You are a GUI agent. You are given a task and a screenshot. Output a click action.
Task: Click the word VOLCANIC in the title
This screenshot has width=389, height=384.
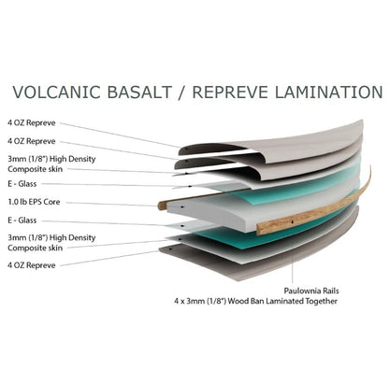click(57, 92)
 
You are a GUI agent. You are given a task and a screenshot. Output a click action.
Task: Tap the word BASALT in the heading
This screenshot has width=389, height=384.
click(139, 92)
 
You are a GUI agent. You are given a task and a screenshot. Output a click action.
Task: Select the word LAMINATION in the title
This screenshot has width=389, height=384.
click(328, 92)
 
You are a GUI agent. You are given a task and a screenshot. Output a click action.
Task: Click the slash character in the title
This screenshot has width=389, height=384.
click(181, 92)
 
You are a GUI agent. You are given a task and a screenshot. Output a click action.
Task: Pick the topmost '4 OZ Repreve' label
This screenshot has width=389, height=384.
click(32, 123)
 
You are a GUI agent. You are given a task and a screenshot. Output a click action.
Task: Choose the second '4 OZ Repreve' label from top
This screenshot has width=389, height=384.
click(32, 141)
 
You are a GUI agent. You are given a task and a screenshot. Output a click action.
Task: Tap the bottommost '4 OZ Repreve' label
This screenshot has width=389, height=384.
click(32, 265)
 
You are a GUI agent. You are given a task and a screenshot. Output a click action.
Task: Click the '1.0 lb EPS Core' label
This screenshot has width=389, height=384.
click(34, 202)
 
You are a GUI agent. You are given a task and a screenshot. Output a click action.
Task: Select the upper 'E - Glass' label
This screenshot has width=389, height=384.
click(22, 184)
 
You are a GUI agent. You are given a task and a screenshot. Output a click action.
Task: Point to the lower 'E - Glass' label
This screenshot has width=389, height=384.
click(22, 220)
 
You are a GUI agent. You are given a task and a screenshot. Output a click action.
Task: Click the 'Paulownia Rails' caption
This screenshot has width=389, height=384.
click(311, 291)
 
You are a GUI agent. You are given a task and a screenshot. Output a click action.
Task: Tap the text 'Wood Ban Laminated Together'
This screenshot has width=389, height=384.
click(282, 302)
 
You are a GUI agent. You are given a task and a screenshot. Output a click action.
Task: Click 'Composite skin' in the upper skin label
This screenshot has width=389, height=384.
click(36, 169)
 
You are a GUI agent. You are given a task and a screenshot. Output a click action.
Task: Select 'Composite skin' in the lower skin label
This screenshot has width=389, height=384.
click(36, 249)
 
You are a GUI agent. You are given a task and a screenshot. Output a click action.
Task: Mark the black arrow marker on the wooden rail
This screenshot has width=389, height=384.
click(293, 221)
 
